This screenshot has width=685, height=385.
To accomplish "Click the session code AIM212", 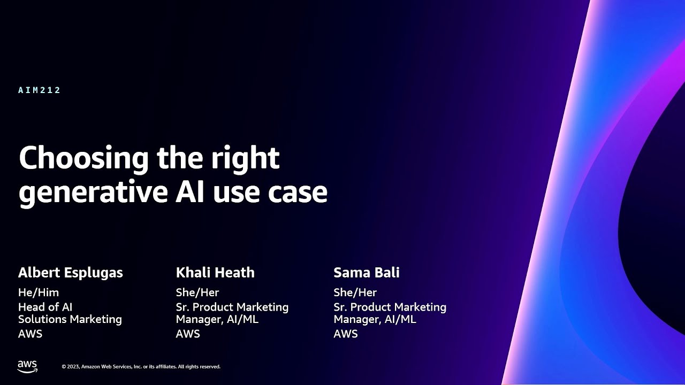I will [40, 90].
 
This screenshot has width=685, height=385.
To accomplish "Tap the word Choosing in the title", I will [83, 159].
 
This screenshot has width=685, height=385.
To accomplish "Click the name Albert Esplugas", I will [71, 273].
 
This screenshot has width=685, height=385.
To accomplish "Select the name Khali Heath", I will [215, 273].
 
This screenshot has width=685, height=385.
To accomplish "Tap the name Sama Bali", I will [367, 273].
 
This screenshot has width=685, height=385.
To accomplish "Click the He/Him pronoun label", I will [39, 292].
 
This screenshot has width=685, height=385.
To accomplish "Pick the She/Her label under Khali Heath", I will [197, 292].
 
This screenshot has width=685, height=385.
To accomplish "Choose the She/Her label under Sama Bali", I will [355, 292].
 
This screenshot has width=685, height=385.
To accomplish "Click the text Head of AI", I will [45, 307].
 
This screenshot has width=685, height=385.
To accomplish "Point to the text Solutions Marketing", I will [70, 319].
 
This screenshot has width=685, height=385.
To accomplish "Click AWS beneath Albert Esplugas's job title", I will [30, 334].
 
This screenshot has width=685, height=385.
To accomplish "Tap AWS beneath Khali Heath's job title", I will [188, 334].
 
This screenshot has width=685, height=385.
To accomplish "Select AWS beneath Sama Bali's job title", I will [346, 334].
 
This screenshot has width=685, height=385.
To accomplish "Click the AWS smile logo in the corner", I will [27, 366].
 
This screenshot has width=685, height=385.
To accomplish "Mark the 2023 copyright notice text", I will [141, 367].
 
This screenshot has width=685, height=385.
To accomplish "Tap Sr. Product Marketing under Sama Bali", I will [390, 307].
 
